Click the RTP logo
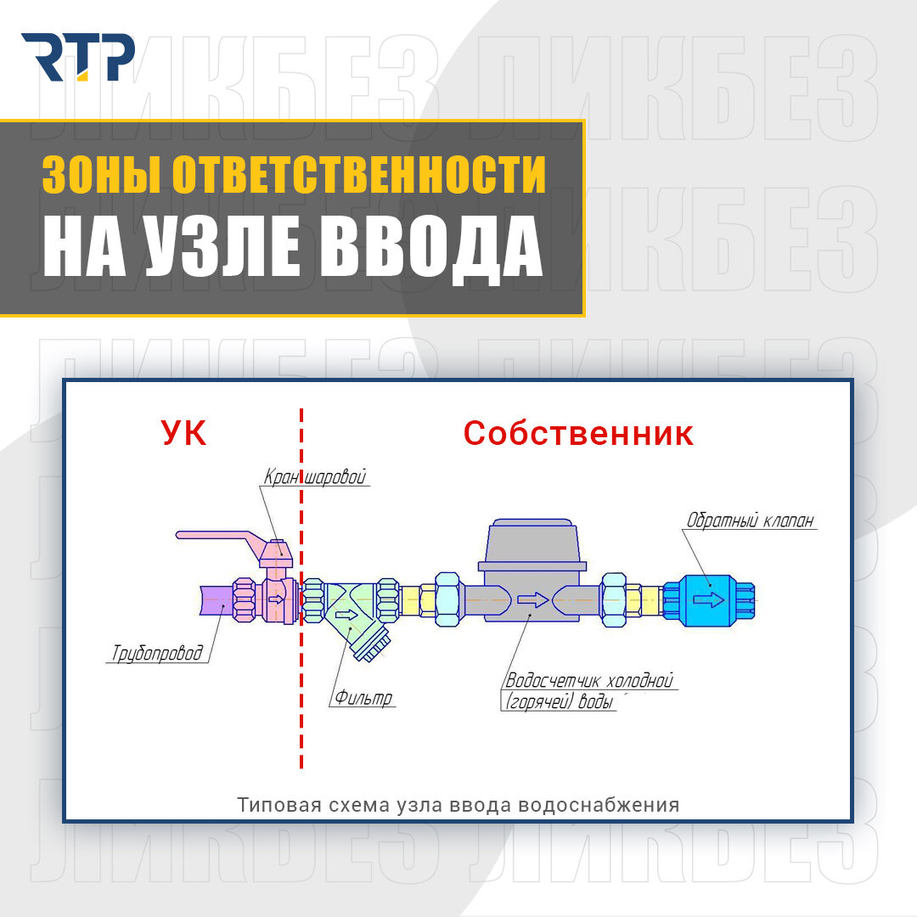tap(77, 58)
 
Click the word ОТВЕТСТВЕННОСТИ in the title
tap(359, 174)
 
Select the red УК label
tap(183, 434)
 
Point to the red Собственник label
tap(578, 434)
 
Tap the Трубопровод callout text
tap(158, 653)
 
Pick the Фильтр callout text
tap(363, 699)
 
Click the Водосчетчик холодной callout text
tap(589, 681)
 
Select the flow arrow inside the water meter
tap(533, 601)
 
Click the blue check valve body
tap(706, 601)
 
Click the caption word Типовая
tap(271, 804)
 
